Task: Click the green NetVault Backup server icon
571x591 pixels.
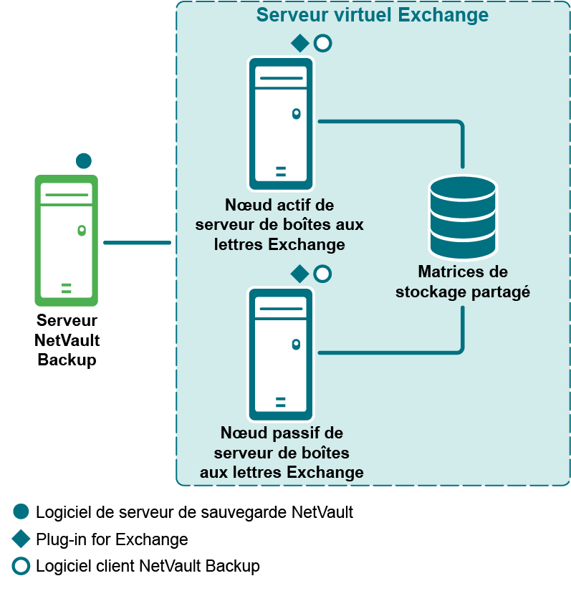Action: pos(66,241)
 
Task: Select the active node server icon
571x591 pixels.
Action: pos(280,123)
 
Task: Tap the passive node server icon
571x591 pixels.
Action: pos(280,353)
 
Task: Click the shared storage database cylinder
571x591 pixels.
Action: pos(462,217)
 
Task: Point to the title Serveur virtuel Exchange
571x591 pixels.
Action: pos(373,15)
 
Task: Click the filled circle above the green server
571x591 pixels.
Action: pos(84,160)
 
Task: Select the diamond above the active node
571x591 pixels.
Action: pos(299,43)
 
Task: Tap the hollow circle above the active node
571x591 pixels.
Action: pos(322,43)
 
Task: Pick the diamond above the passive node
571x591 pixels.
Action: pos(299,274)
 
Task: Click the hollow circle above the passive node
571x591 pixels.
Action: pos(322,274)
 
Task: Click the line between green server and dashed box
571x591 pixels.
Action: pos(137,242)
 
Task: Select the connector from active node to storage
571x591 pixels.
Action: pos(401,122)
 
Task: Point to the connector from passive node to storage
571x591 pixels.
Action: pos(401,352)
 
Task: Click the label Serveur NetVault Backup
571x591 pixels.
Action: pos(67,340)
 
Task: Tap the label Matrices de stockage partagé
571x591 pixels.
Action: pos(463,282)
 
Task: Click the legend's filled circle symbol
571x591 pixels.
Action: pos(21,511)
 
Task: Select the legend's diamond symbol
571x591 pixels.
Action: pos(21,539)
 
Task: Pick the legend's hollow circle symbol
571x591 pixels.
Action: pos(21,566)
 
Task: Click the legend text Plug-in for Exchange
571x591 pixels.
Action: pos(112,539)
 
